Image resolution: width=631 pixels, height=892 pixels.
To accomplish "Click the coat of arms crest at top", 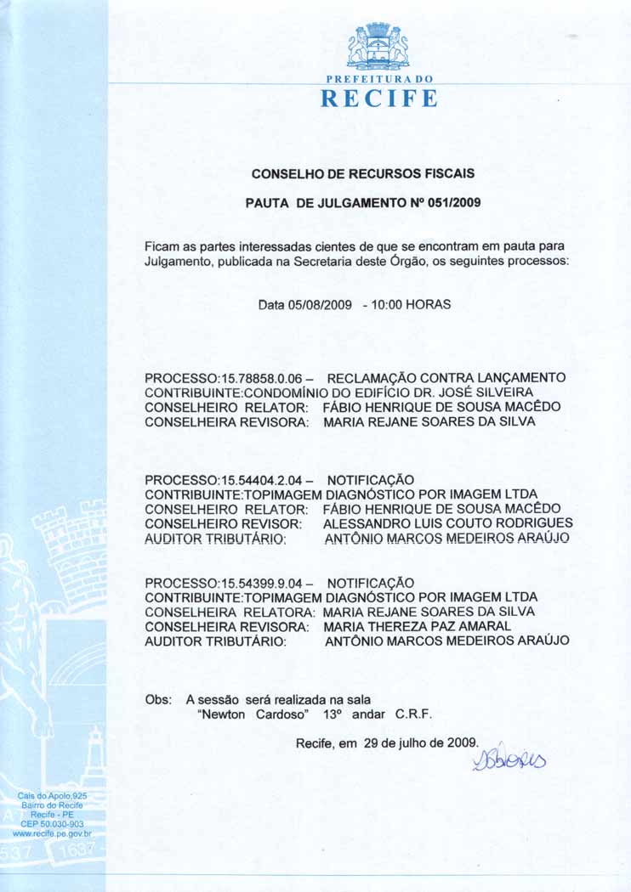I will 378,46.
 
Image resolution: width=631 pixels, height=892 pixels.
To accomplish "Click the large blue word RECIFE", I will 378,99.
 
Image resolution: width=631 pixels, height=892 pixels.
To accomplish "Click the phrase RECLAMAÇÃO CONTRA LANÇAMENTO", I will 446,377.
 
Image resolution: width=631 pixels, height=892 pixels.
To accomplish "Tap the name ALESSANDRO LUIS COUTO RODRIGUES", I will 448,523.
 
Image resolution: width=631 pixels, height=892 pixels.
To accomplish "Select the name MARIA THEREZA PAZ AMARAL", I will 417,626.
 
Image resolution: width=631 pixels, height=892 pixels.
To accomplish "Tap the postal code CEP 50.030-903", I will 52,824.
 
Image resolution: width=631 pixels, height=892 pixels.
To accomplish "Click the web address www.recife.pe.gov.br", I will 53,834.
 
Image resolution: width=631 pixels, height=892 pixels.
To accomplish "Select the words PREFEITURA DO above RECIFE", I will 378,78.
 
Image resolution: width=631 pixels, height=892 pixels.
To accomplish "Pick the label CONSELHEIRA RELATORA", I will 230,612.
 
